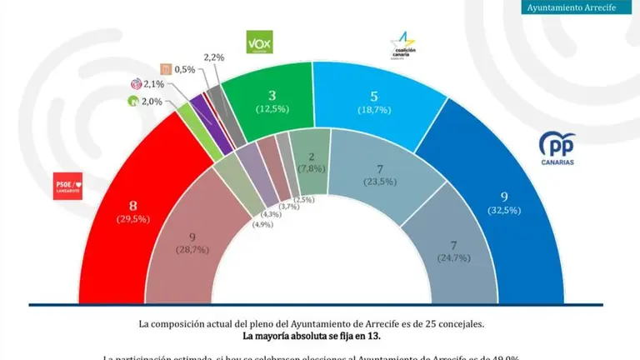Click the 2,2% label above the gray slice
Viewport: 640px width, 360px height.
pos(213,56)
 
